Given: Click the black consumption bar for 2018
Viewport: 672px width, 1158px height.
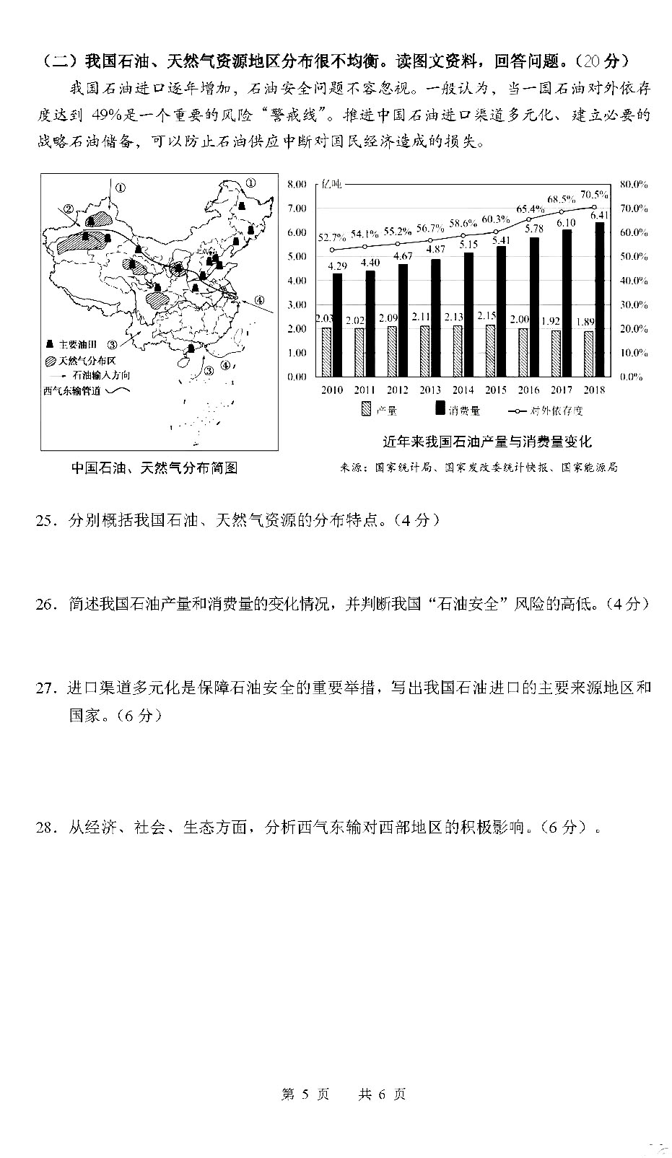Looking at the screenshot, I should pyautogui.click(x=600, y=299).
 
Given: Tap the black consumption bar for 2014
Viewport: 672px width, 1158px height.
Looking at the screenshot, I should pyautogui.click(x=469, y=314).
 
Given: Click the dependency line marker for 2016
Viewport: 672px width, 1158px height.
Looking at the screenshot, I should pyautogui.click(x=529, y=219).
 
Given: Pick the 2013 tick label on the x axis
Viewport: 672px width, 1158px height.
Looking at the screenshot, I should pyautogui.click(x=430, y=390).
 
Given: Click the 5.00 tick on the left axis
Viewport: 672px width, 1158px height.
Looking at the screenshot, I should pyautogui.click(x=297, y=256).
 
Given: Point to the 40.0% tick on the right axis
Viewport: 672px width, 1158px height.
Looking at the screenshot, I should pyautogui.click(x=634, y=281).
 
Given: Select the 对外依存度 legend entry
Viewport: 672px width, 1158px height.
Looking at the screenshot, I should pyautogui.click(x=546, y=411).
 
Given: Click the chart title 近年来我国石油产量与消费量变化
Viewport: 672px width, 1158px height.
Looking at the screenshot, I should pyautogui.click(x=487, y=441).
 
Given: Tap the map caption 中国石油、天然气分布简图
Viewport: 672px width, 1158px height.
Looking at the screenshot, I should pyautogui.click(x=154, y=468).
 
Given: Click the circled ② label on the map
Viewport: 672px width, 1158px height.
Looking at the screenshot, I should pyautogui.click(x=69, y=210).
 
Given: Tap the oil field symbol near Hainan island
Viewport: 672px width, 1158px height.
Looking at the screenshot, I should pyautogui.click(x=190, y=348).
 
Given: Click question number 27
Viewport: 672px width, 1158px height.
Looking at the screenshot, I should pyautogui.click(x=45, y=688).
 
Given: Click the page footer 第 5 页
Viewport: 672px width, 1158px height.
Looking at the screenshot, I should pyautogui.click(x=305, y=1094).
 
